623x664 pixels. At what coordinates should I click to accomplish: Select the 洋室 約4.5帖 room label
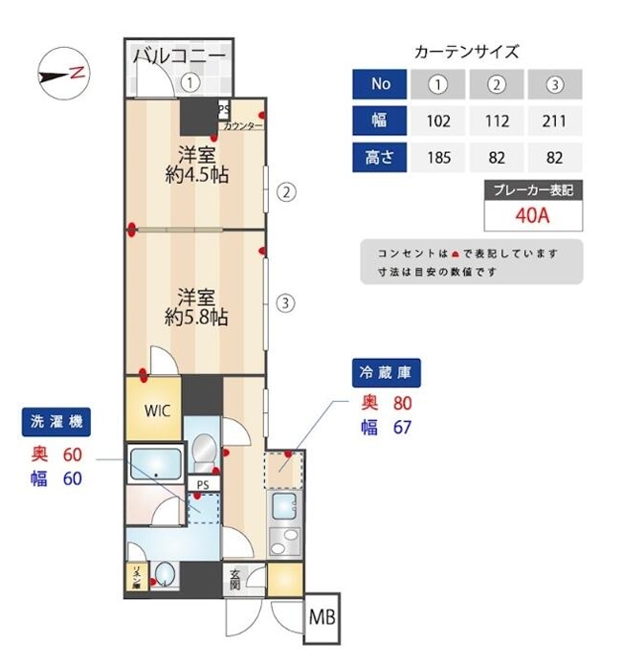click(195, 164)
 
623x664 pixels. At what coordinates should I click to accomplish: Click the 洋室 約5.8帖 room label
click(195, 306)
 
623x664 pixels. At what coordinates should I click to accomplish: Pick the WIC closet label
click(158, 410)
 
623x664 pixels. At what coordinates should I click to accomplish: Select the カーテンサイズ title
click(467, 53)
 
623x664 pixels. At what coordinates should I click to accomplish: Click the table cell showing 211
click(553, 122)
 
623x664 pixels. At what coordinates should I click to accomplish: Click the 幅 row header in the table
click(380, 122)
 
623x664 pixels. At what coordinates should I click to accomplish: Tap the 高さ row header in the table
click(380, 156)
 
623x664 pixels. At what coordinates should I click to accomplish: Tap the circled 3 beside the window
click(284, 303)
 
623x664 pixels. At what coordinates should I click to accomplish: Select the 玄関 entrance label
click(235, 578)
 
